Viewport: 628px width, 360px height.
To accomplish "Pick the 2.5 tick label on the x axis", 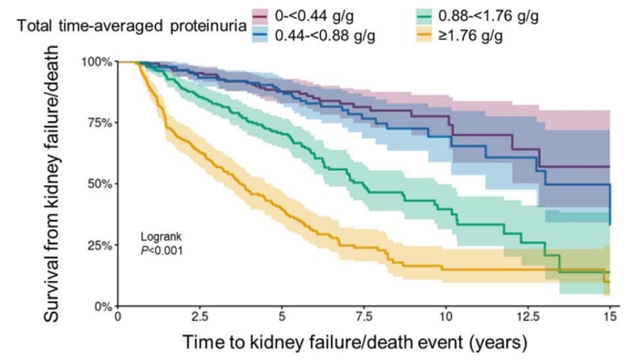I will click(200, 317).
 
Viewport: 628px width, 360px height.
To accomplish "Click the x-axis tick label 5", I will click(282, 317).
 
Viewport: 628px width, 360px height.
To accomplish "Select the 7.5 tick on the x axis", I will click(363, 317).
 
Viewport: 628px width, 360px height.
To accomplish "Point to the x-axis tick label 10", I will click(445, 317).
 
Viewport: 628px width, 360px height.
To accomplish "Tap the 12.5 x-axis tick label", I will click(528, 317).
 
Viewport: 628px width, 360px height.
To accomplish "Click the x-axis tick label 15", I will click(609, 317).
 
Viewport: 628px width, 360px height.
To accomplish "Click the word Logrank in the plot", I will click(162, 236).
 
